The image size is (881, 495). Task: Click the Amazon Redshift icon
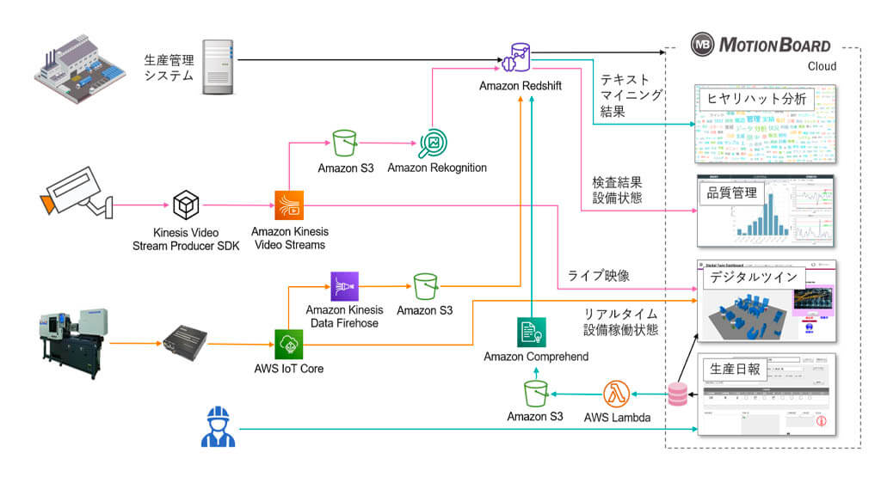click(521, 56)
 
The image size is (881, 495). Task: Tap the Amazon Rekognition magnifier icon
click(431, 144)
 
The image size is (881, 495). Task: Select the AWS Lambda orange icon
click(617, 394)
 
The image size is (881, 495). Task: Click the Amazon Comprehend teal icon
click(532, 333)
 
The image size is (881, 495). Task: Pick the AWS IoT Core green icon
click(288, 345)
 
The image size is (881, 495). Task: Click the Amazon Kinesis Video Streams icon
click(289, 205)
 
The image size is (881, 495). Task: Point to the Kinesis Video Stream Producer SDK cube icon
click(186, 205)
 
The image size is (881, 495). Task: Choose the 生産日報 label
click(732, 368)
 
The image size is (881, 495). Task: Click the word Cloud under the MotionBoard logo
click(822, 66)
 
